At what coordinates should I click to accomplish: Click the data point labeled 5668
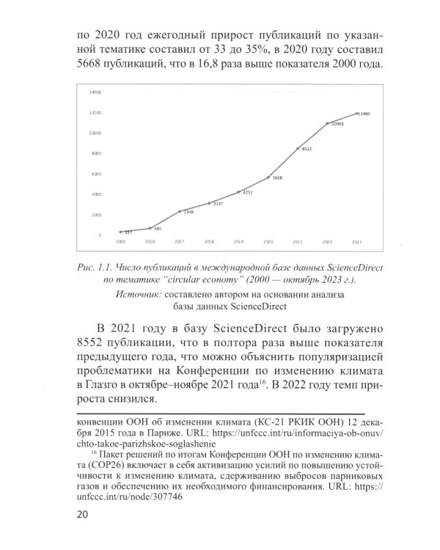(x=268, y=177)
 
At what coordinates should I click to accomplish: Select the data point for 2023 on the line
(x=356, y=114)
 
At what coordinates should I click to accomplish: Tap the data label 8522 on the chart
(x=307, y=149)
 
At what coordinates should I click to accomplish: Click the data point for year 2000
(x=120, y=232)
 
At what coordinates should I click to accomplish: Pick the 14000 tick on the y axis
(x=95, y=93)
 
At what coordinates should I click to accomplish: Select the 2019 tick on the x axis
(x=238, y=241)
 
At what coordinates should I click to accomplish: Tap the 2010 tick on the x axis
(x=150, y=241)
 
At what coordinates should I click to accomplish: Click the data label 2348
(x=188, y=212)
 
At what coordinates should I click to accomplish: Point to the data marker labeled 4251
(x=238, y=192)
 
